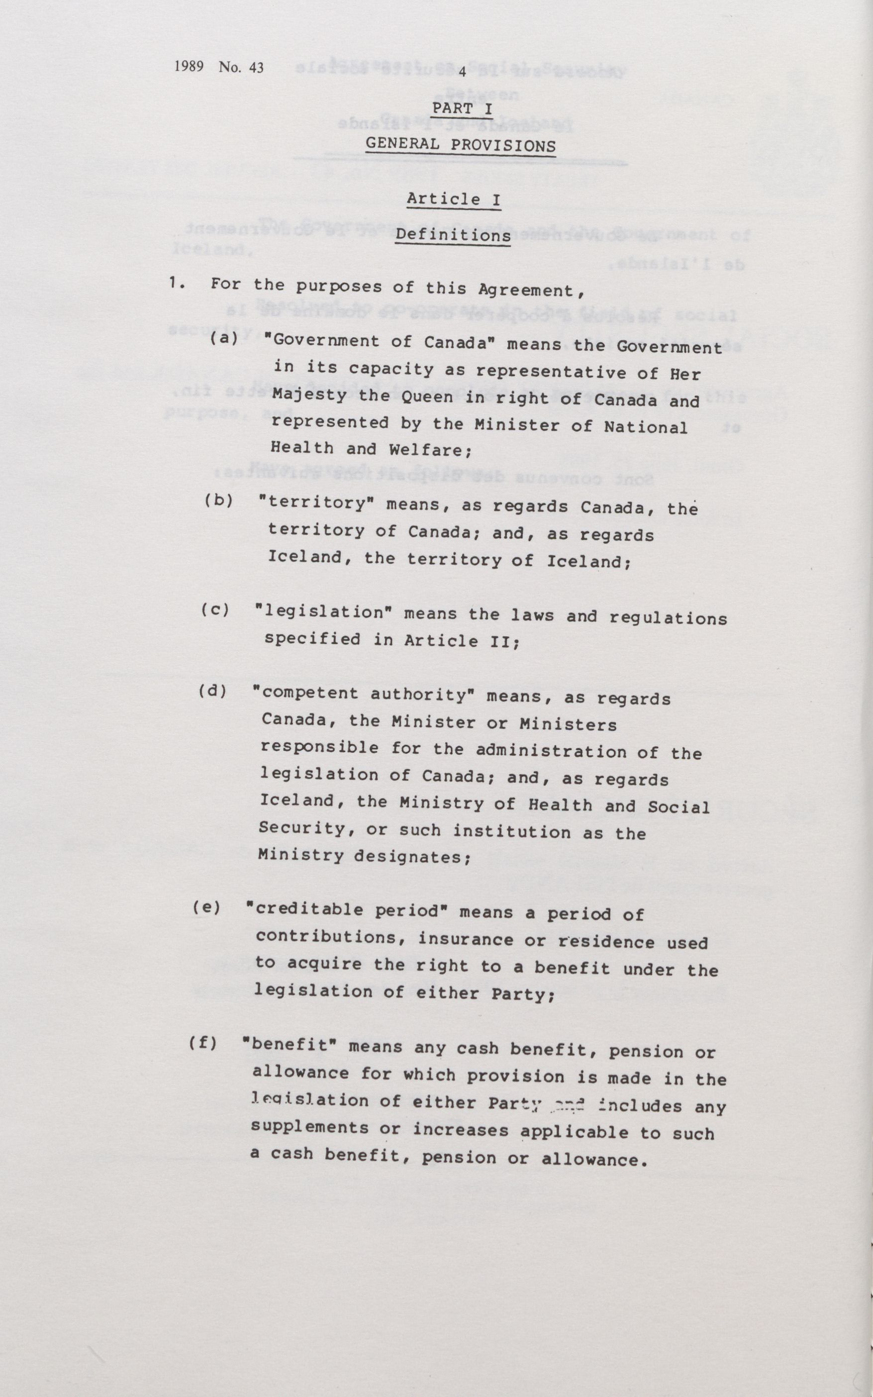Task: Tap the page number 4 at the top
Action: tap(463, 72)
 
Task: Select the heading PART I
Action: tap(462, 108)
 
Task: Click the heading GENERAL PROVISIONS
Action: tap(461, 144)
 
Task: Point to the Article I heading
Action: tap(453, 199)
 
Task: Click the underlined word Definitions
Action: tap(453, 235)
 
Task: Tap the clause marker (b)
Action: tap(219, 500)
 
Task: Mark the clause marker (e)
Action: tap(207, 907)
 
